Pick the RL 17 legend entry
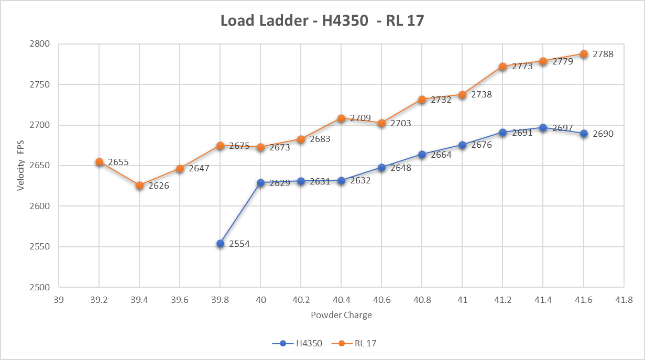pos(366,343)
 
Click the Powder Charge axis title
pos(341,315)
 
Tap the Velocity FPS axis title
pos(21,166)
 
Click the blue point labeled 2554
pos(220,244)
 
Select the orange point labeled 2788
pos(584,54)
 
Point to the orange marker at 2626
pos(139,186)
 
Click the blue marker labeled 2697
pos(543,128)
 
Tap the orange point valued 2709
pos(341,118)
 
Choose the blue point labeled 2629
pos(260,183)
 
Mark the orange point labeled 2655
pos(99,162)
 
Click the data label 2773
pos(522,67)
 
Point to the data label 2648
pos(401,168)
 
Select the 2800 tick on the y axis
pos(40,44)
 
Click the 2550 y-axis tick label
pos(40,247)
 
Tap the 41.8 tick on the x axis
pos(624,299)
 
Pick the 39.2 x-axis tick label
pos(99,299)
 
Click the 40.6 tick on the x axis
pos(381,299)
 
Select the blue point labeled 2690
pos(584,134)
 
